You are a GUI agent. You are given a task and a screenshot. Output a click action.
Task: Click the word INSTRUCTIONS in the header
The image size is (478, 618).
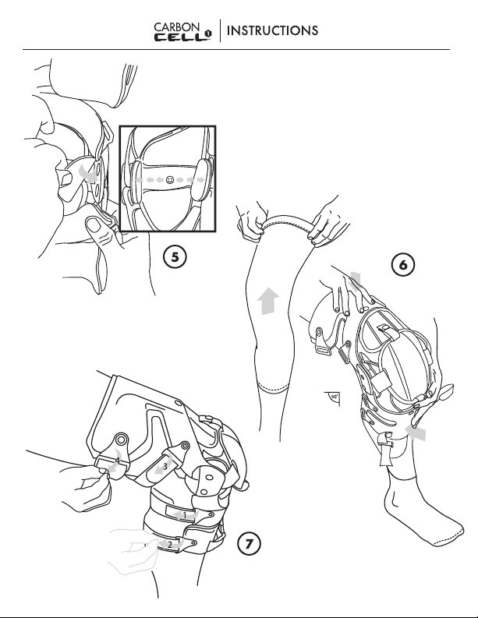(x=272, y=30)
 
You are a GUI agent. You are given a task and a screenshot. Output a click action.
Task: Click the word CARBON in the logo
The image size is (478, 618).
(x=177, y=26)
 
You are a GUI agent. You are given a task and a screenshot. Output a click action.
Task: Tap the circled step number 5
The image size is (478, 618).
(x=175, y=256)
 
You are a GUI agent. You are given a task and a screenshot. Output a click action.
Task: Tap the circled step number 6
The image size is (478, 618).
(x=402, y=264)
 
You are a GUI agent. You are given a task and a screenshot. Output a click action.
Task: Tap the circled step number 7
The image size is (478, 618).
(x=249, y=544)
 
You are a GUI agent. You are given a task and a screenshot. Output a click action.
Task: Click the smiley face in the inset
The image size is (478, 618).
(x=169, y=180)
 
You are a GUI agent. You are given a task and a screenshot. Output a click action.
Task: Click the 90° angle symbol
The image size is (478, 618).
(x=334, y=398)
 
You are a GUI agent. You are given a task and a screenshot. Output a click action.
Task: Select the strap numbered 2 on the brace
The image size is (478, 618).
(x=170, y=544)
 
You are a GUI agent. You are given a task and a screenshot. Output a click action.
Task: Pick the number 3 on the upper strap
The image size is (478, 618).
(x=165, y=466)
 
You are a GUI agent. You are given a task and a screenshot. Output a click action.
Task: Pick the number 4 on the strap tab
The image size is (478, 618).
(x=118, y=460)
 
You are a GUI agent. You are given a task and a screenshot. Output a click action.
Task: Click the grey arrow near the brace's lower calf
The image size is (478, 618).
(x=416, y=433)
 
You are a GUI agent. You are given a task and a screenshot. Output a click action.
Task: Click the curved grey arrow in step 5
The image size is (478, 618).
(x=87, y=174)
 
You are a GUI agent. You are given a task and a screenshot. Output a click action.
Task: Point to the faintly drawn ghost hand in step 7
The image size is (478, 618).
(x=132, y=550)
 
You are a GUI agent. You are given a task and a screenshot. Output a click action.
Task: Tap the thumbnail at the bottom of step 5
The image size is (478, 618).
(x=94, y=225)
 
